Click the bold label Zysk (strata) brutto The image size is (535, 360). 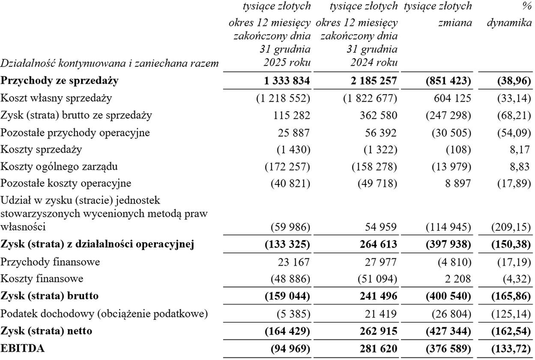pyautogui.click(x=47, y=296)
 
